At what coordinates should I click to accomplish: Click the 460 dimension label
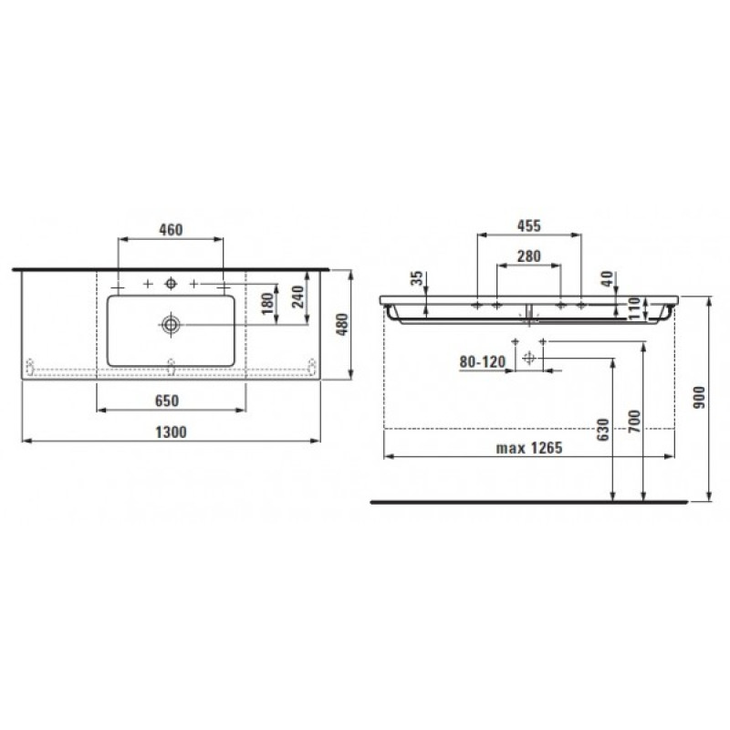pos(171,230)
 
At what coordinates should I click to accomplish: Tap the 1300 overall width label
pos(170,433)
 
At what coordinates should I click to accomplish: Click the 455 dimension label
pos(528,225)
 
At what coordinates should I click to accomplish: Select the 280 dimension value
pos(528,256)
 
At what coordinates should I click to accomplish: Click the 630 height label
pos(602,430)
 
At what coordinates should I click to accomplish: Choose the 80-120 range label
pos(483,362)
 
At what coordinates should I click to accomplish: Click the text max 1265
pos(528,448)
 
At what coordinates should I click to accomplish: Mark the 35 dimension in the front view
pos(416,279)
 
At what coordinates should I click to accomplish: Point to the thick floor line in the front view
pos(528,501)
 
